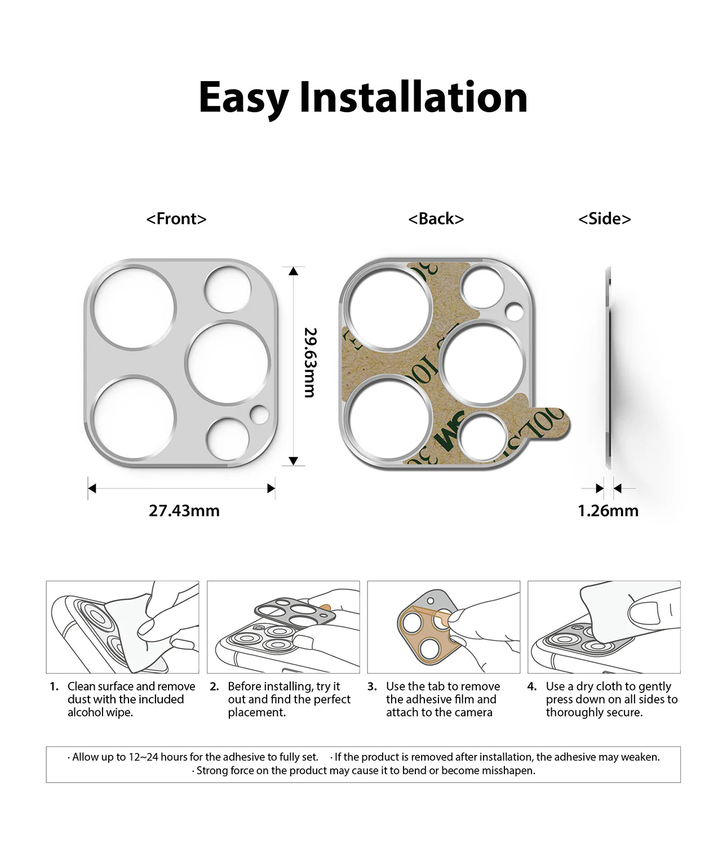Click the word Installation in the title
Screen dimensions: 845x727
click(413, 97)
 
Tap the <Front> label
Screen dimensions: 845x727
click(176, 219)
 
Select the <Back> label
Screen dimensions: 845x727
click(436, 219)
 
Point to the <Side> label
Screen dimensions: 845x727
click(604, 219)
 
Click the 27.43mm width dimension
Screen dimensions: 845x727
click(184, 511)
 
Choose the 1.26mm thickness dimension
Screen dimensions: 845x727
click(608, 511)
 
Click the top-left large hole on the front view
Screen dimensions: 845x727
click(134, 306)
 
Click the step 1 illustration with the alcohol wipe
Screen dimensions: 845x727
click(122, 627)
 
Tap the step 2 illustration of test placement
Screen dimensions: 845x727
click(283, 627)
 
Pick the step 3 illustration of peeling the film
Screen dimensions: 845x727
click(444, 627)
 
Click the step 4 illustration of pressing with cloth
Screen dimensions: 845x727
click(604, 627)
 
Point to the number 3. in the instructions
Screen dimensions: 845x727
click(372, 687)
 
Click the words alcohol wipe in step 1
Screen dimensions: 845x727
click(99, 713)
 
